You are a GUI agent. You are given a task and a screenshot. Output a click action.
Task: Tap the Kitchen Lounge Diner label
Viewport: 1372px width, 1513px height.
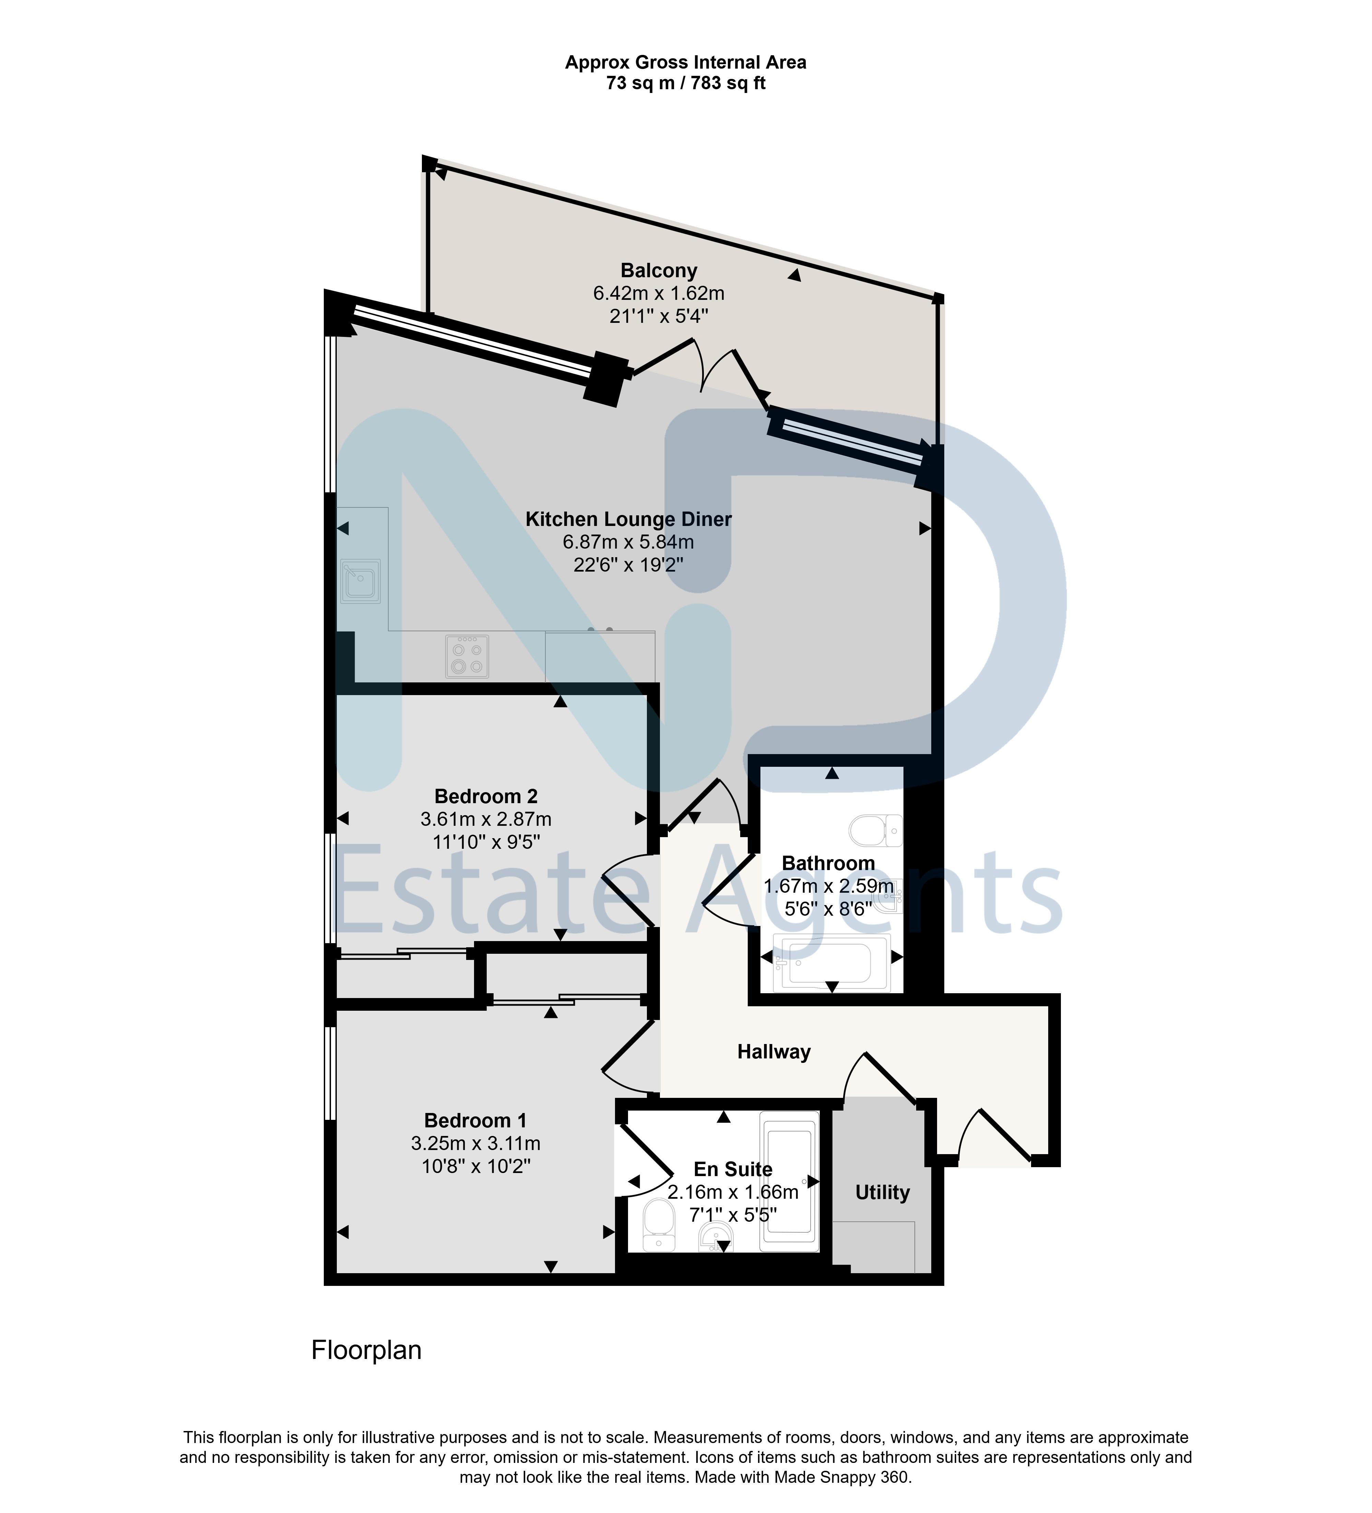click(628, 519)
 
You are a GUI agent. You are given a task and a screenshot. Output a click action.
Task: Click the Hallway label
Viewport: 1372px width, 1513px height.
click(773, 1052)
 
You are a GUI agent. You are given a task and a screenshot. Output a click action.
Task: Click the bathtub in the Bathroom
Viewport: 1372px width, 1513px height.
click(832, 963)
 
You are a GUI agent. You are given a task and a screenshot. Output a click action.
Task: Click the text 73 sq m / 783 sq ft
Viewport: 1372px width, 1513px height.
click(686, 83)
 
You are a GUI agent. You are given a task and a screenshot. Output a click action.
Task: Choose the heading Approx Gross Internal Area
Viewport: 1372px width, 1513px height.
click(686, 62)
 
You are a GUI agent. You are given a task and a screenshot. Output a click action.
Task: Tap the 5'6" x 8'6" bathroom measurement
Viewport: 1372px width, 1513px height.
click(828, 909)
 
